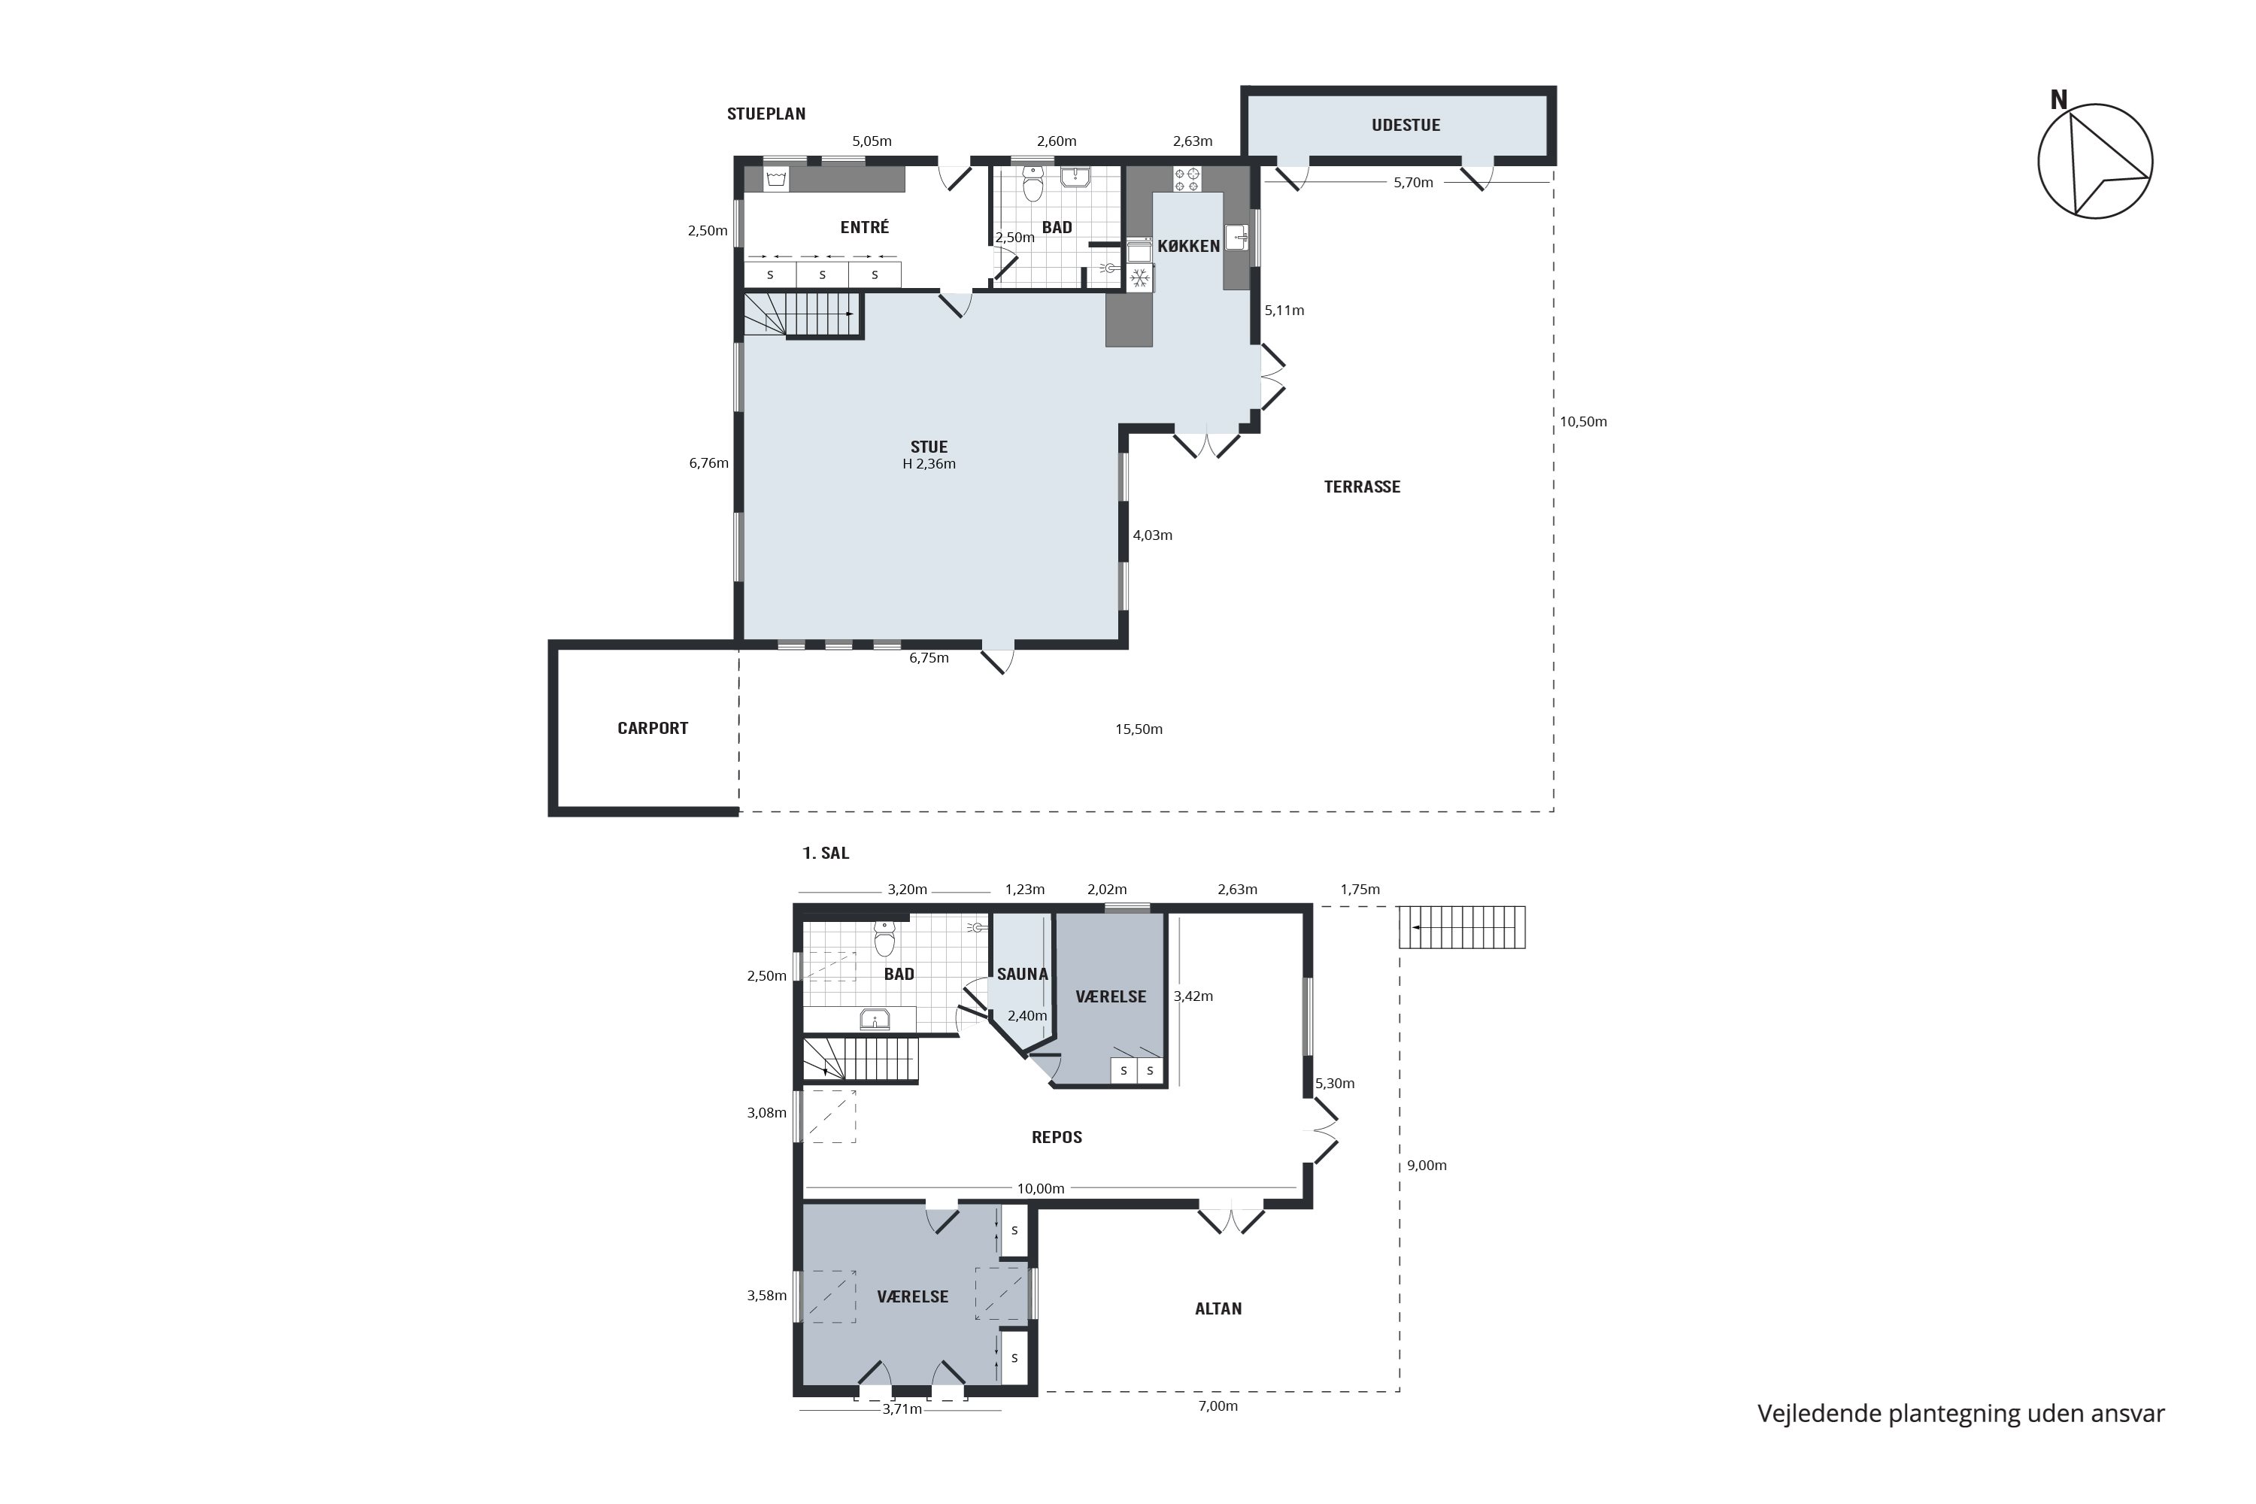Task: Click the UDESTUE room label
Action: tap(1405, 125)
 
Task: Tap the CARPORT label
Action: tap(652, 728)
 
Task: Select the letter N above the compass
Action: tap(2058, 100)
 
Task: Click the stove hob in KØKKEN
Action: tap(1187, 180)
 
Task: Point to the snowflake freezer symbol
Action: tap(1139, 279)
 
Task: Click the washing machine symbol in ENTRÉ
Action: tap(776, 180)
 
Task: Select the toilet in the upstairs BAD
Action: tap(884, 939)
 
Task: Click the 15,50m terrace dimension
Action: tap(1139, 729)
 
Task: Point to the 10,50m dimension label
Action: tap(1583, 421)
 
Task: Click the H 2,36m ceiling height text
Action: tap(929, 464)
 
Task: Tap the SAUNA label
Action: tap(1023, 974)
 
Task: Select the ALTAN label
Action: tap(1218, 1308)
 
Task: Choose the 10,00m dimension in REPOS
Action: tap(1041, 1188)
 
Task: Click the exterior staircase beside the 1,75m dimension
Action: tap(1462, 927)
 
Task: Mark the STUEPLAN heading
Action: tap(766, 114)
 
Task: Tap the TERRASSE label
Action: tap(1362, 487)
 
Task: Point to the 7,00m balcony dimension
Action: tap(1218, 1406)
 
